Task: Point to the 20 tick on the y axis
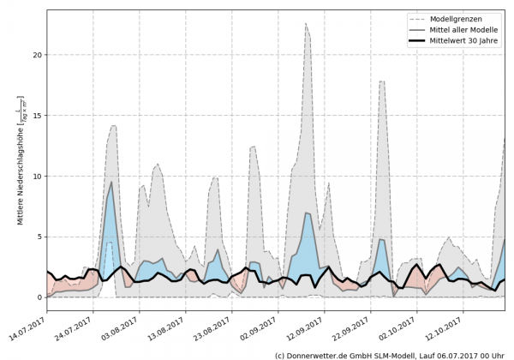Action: pyautogui.click(x=37, y=55)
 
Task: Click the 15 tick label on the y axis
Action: pyautogui.click(x=37, y=116)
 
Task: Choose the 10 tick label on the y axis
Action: pyautogui.click(x=37, y=177)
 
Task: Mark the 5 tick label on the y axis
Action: pyautogui.click(x=39, y=237)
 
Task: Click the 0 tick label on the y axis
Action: pyautogui.click(x=39, y=297)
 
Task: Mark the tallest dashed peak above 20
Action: pyautogui.click(x=306, y=24)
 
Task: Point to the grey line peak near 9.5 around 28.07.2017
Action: pyautogui.click(x=111, y=182)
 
